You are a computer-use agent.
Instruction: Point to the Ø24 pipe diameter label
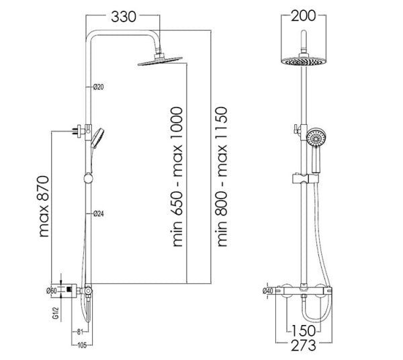click(99, 214)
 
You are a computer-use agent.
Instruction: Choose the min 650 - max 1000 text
click(177, 177)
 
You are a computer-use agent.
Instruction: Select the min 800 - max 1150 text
click(220, 177)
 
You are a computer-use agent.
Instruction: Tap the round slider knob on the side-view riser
click(89, 179)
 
